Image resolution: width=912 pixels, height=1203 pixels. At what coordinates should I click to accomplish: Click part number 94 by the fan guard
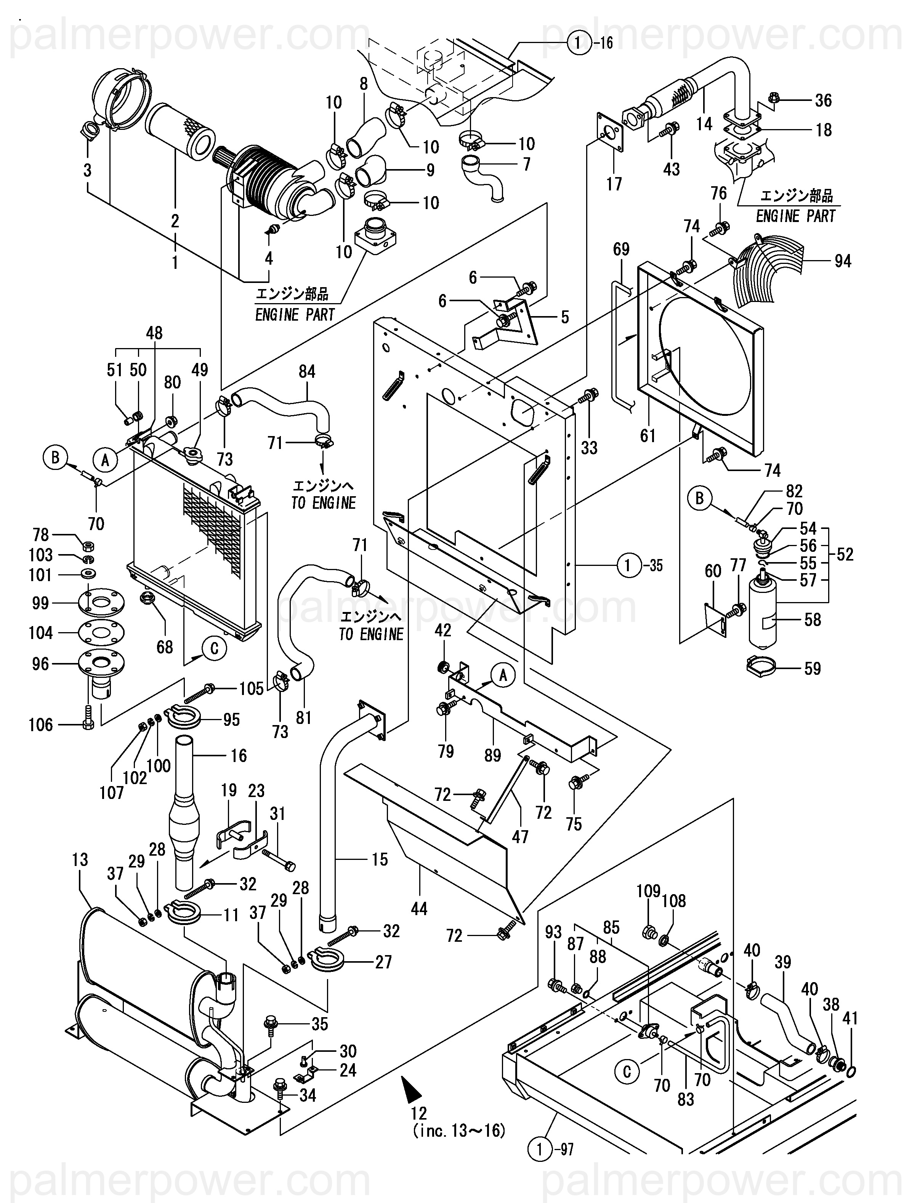tap(842, 262)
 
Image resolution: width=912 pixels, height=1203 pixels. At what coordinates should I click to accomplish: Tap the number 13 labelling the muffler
tap(80, 860)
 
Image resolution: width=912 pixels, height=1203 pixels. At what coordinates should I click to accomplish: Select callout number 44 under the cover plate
tap(419, 909)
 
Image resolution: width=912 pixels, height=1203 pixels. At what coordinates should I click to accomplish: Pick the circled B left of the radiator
tap(55, 457)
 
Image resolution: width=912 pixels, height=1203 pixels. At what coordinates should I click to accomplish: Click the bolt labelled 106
tap(88, 724)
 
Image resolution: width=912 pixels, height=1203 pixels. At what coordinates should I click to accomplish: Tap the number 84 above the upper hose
tap(307, 371)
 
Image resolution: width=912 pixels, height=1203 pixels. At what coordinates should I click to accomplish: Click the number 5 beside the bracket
tap(565, 317)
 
